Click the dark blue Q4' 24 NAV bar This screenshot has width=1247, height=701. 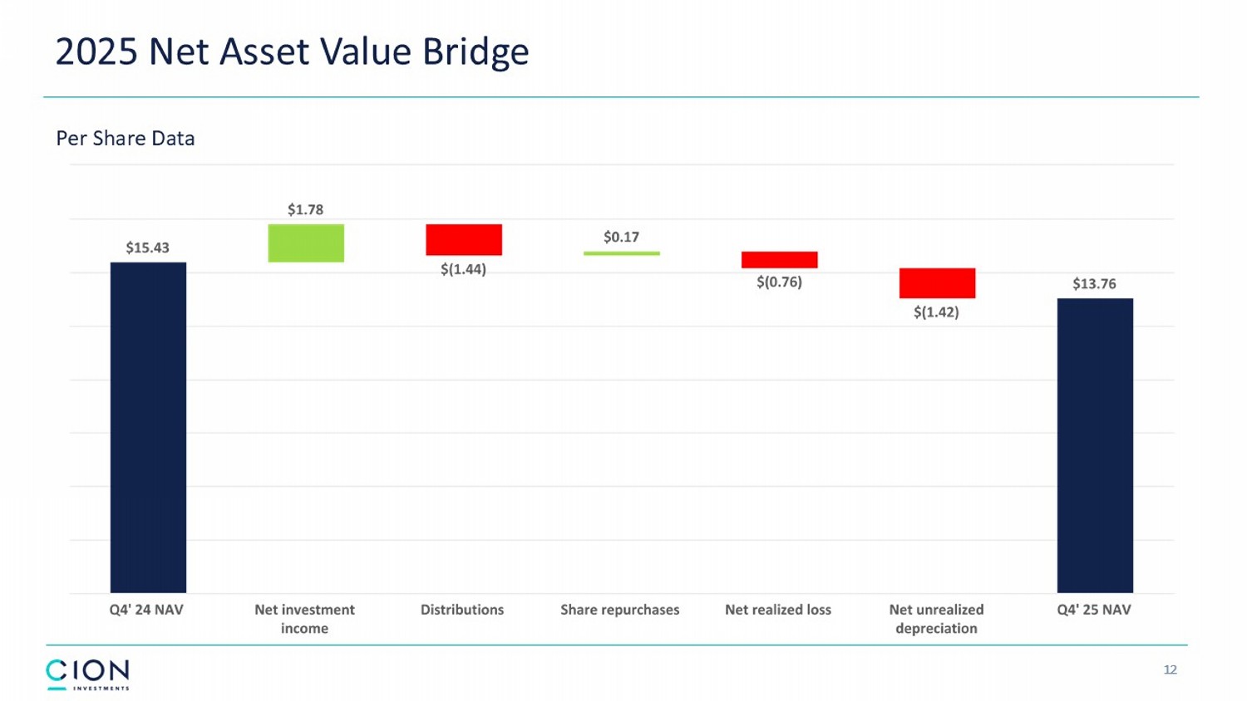pos(148,427)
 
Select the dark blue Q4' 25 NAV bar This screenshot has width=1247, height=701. pos(1095,445)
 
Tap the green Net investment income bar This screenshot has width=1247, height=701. pos(306,243)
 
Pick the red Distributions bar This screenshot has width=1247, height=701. pos(464,239)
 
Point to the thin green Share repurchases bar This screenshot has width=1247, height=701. pos(622,253)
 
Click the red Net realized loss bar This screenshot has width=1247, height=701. pos(779,260)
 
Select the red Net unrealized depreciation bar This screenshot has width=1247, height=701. pos(937,283)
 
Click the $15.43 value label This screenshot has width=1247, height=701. pos(148,248)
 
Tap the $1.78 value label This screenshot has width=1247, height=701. pos(306,209)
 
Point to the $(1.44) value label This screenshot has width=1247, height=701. pos(464,269)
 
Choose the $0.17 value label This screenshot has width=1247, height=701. pos(622,237)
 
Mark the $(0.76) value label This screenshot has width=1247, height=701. pos(779,282)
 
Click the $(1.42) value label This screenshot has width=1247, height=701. pos(937,312)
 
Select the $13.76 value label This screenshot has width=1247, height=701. pos(1094,284)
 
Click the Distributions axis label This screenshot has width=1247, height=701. pos(462,610)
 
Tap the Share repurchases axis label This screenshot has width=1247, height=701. pos(620,610)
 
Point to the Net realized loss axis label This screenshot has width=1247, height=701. pos(778,610)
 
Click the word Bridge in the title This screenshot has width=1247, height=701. pos(476,51)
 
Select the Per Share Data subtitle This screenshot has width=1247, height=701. pos(126,139)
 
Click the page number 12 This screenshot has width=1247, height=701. pos(1171,669)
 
